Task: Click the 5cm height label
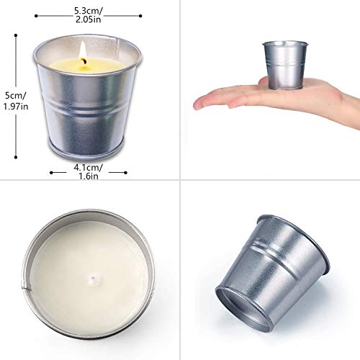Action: [x=17, y=94]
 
